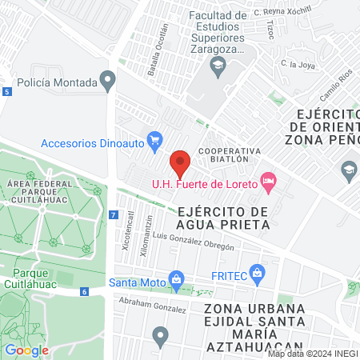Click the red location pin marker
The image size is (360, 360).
pos(181,162)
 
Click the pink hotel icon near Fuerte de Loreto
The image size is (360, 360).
pos(268,182)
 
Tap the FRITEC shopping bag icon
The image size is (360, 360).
pos(257,273)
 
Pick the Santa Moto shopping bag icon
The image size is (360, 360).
pos(174,281)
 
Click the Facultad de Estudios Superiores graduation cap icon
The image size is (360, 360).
pos(216,64)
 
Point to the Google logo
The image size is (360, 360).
pos(26,350)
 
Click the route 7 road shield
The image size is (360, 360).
pos(114,215)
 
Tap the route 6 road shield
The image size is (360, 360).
pos(85,291)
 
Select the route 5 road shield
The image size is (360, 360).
pos(7,93)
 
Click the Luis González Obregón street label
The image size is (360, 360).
pos(194,242)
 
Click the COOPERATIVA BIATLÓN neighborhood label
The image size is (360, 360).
pos(230,154)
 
